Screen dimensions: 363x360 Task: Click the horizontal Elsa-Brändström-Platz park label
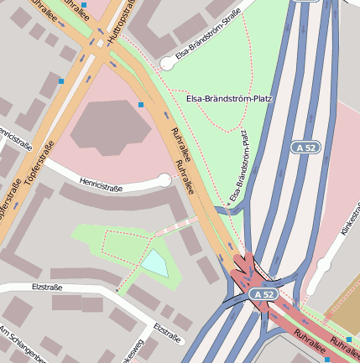click(228, 99)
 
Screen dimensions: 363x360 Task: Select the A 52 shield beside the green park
click(308, 148)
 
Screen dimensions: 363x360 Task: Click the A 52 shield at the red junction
click(263, 294)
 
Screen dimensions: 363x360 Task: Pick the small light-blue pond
click(155, 264)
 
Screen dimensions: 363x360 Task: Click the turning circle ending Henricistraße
click(165, 179)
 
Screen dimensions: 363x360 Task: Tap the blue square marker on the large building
click(141, 104)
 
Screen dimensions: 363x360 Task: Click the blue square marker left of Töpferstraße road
click(60, 81)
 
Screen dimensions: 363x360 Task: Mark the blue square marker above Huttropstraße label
click(84, 5)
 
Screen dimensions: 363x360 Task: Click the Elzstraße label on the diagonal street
click(169, 332)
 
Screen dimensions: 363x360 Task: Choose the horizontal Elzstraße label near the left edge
click(50, 287)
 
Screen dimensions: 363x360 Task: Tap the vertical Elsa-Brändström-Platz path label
click(238, 164)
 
